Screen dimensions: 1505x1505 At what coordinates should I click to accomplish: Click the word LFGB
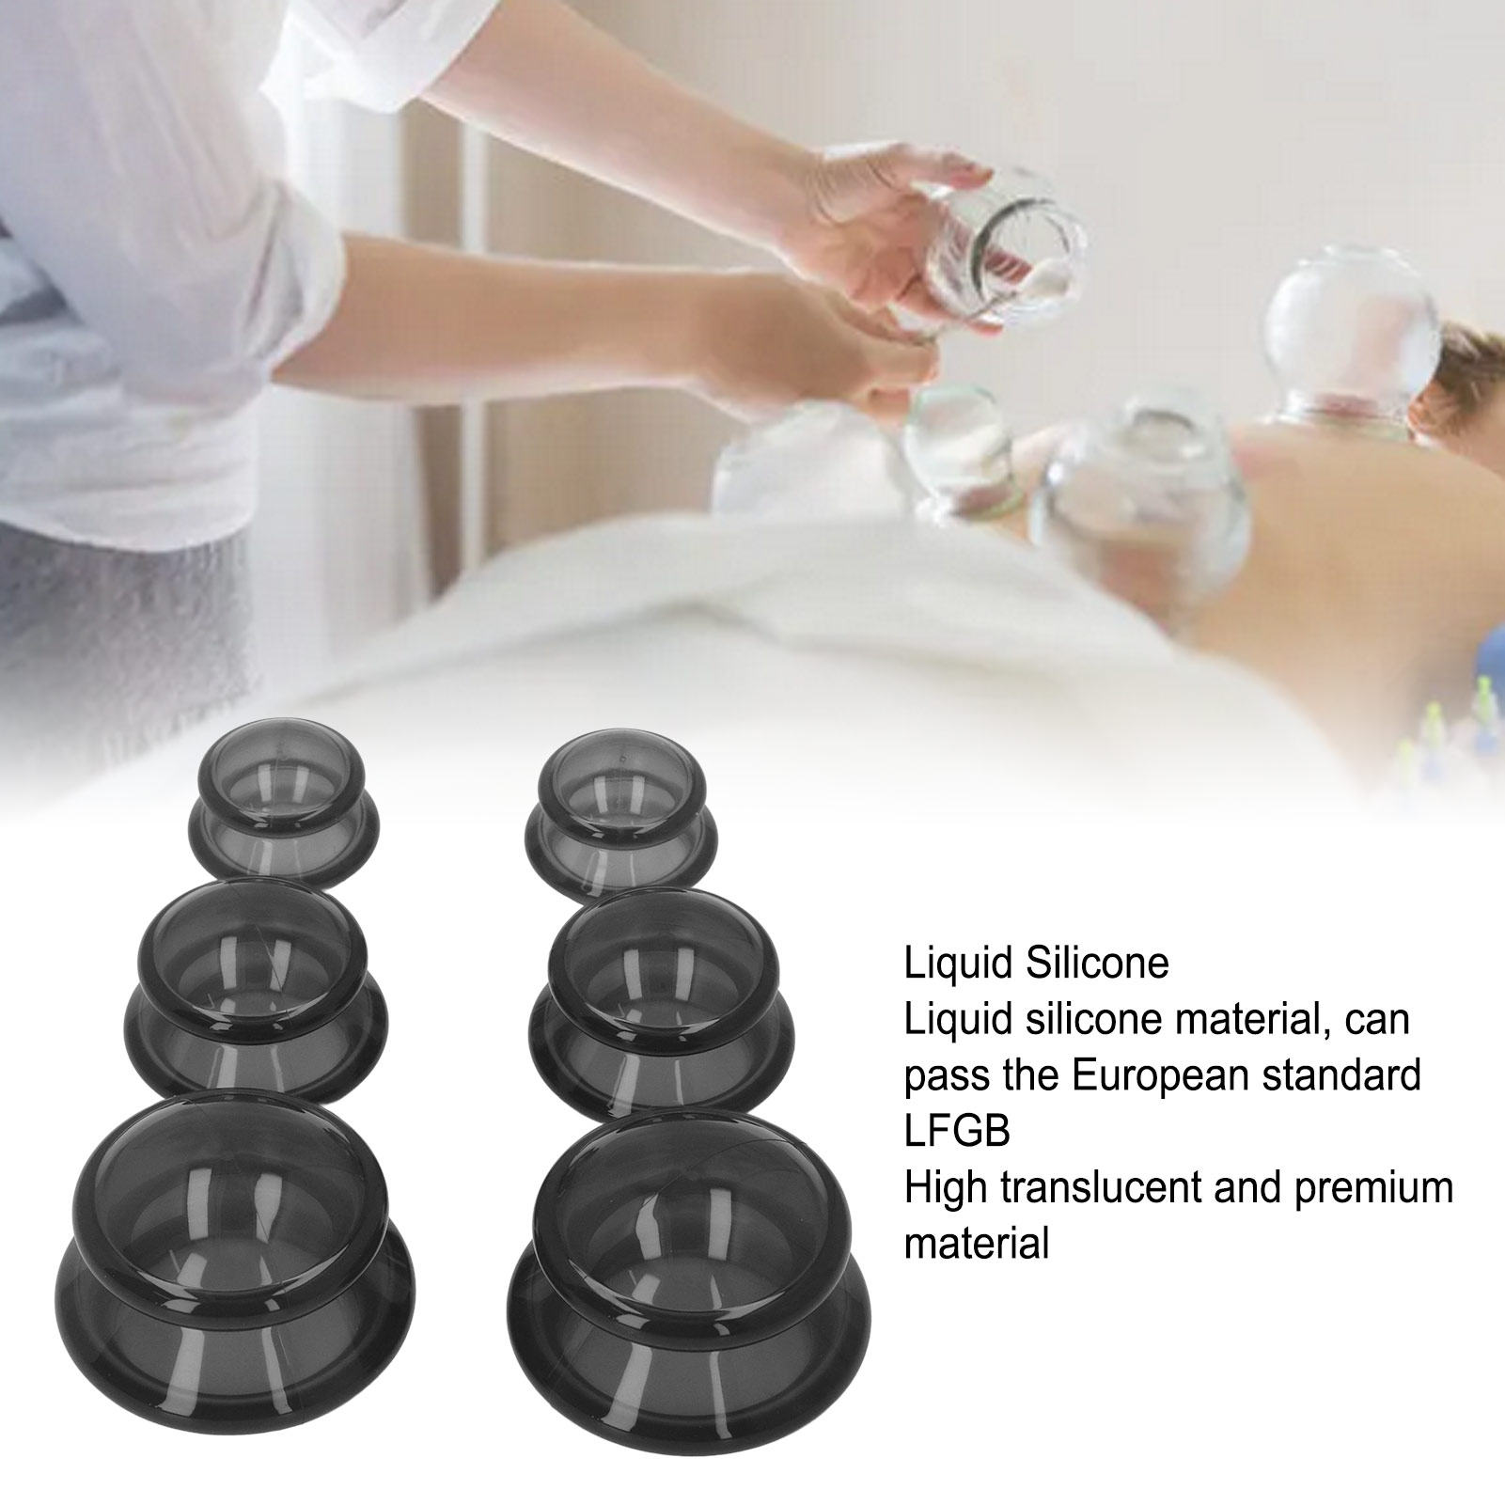[x=957, y=1131]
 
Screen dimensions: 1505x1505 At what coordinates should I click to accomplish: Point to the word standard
[x=1353, y=1074]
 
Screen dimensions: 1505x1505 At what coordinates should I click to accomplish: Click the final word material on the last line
[x=977, y=1244]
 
